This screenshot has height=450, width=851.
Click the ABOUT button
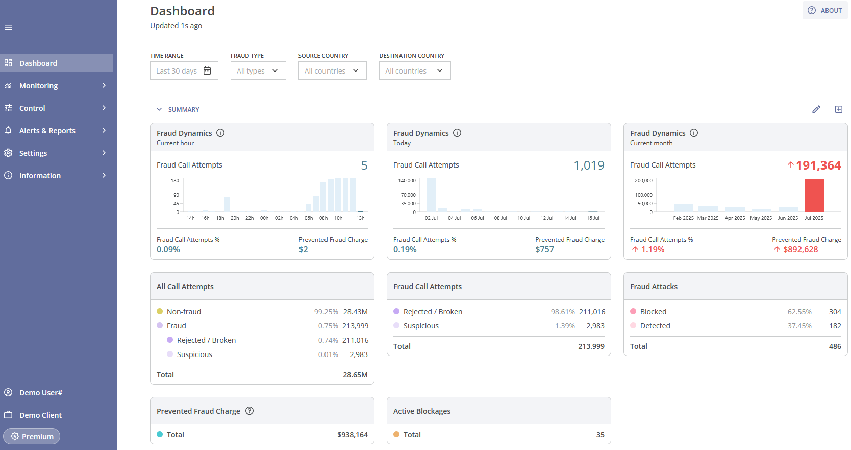(x=825, y=10)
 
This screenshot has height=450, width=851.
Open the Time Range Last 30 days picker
(x=184, y=71)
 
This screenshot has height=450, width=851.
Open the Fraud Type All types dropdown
(x=258, y=71)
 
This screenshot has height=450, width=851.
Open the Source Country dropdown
(x=332, y=71)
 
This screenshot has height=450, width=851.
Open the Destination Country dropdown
(x=414, y=71)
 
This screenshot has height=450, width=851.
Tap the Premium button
(x=32, y=436)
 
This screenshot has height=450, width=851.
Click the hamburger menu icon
(x=8, y=28)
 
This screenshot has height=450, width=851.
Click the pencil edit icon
(x=816, y=109)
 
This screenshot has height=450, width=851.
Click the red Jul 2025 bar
(x=814, y=196)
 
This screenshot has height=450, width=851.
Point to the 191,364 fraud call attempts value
(x=818, y=165)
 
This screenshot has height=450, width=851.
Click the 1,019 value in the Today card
(x=589, y=165)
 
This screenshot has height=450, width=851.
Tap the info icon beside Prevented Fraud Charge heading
(x=249, y=411)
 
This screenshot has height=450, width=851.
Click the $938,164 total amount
(x=353, y=435)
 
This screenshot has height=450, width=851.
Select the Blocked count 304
(x=835, y=312)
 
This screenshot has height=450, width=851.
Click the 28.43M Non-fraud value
(x=355, y=312)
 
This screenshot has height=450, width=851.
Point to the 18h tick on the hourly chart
(x=220, y=218)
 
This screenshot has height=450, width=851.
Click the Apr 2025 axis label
(x=735, y=218)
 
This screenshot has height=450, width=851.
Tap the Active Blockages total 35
(x=600, y=435)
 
